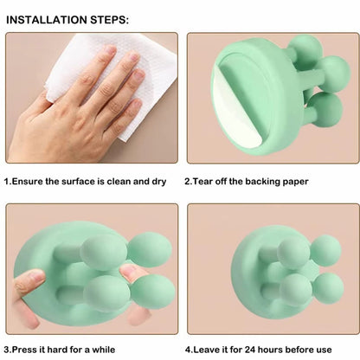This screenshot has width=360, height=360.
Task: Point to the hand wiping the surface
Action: coord(82,108)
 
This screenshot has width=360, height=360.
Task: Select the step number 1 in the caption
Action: coord(8,182)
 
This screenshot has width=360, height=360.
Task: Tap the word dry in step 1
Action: coord(156,182)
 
